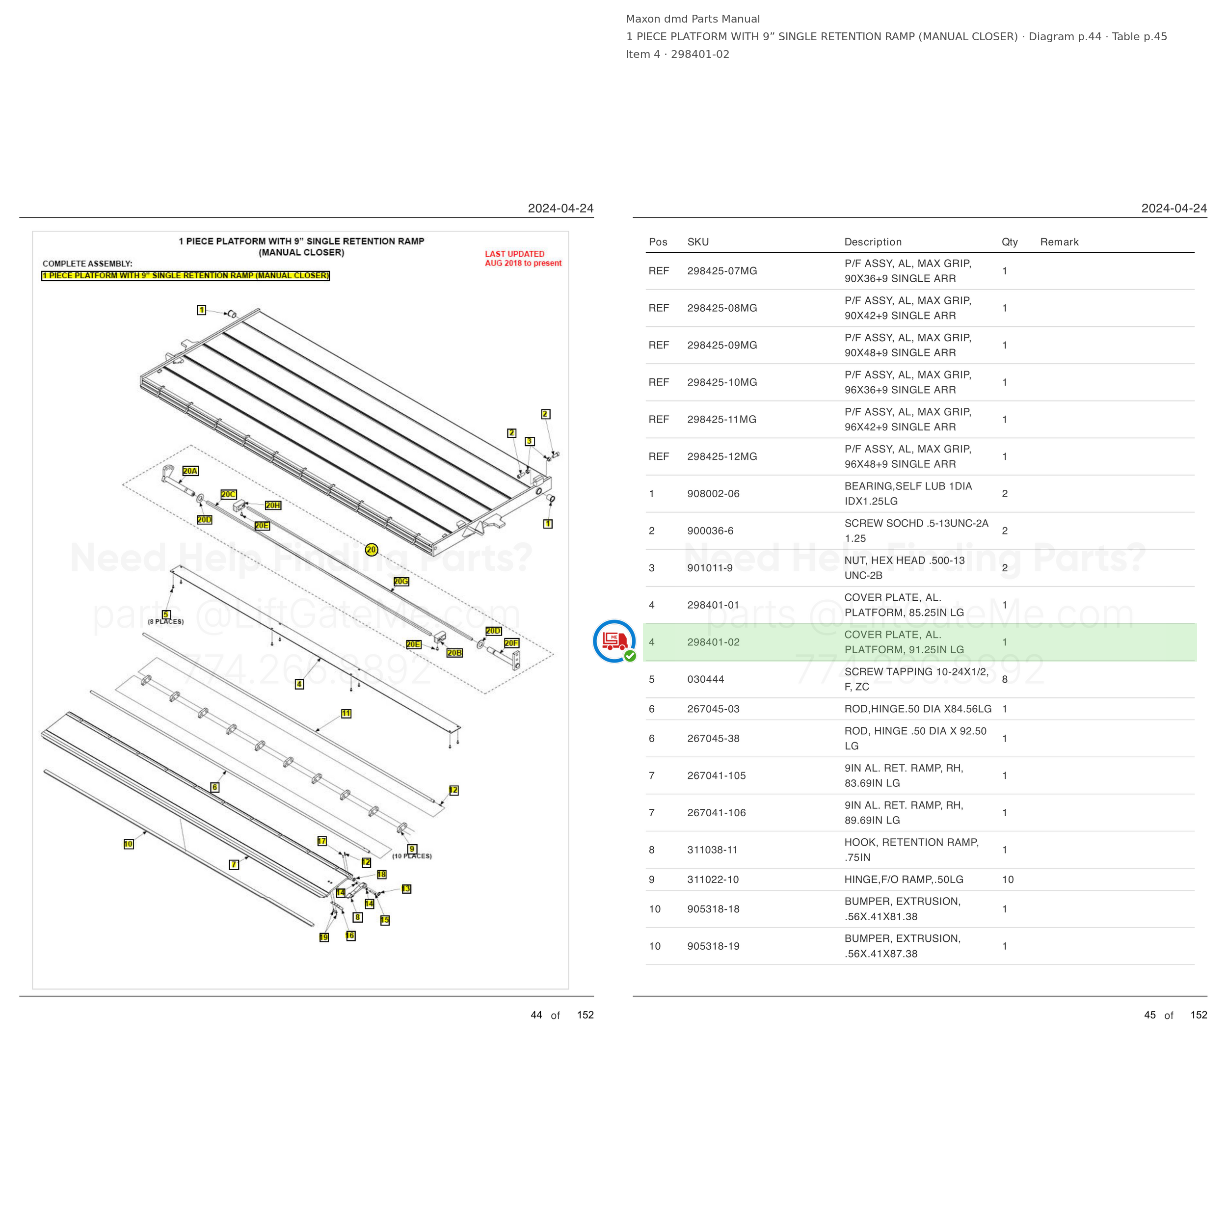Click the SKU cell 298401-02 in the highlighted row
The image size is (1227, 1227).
pos(713,642)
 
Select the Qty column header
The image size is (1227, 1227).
pos(1010,242)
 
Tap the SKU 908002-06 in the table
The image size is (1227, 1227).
pos(713,493)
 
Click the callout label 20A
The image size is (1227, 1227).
pos(190,471)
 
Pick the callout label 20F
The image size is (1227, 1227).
pos(511,643)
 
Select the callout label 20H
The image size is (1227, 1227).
pos(273,506)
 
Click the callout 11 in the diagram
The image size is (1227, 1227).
pos(346,714)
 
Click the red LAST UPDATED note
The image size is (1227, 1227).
pos(523,259)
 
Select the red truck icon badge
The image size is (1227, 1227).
pos(614,641)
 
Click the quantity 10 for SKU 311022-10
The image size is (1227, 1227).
pos(1008,880)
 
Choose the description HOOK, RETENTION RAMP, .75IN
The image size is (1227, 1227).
pos(911,850)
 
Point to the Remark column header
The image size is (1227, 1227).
pos(1059,242)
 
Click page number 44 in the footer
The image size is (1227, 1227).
pos(536,1015)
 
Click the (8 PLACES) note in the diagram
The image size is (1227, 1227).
pos(166,622)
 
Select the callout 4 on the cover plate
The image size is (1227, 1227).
pos(299,684)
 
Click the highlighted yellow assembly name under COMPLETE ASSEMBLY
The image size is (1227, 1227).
pos(186,276)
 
